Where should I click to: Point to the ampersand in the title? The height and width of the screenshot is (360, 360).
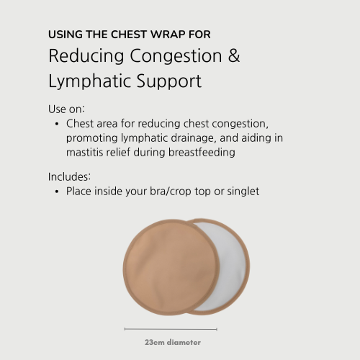pyautogui.click(x=234, y=57)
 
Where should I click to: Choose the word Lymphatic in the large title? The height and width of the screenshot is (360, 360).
pyautogui.click(x=86, y=81)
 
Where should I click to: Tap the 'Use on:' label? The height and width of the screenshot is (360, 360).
pyautogui.click(x=67, y=109)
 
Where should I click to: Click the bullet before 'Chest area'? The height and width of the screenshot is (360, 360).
pyautogui.click(x=56, y=124)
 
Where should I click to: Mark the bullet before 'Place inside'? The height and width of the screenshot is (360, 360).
pyautogui.click(x=56, y=192)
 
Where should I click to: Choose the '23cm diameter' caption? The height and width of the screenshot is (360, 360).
pyautogui.click(x=172, y=342)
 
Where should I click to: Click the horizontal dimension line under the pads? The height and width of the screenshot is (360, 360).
pyautogui.click(x=172, y=328)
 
